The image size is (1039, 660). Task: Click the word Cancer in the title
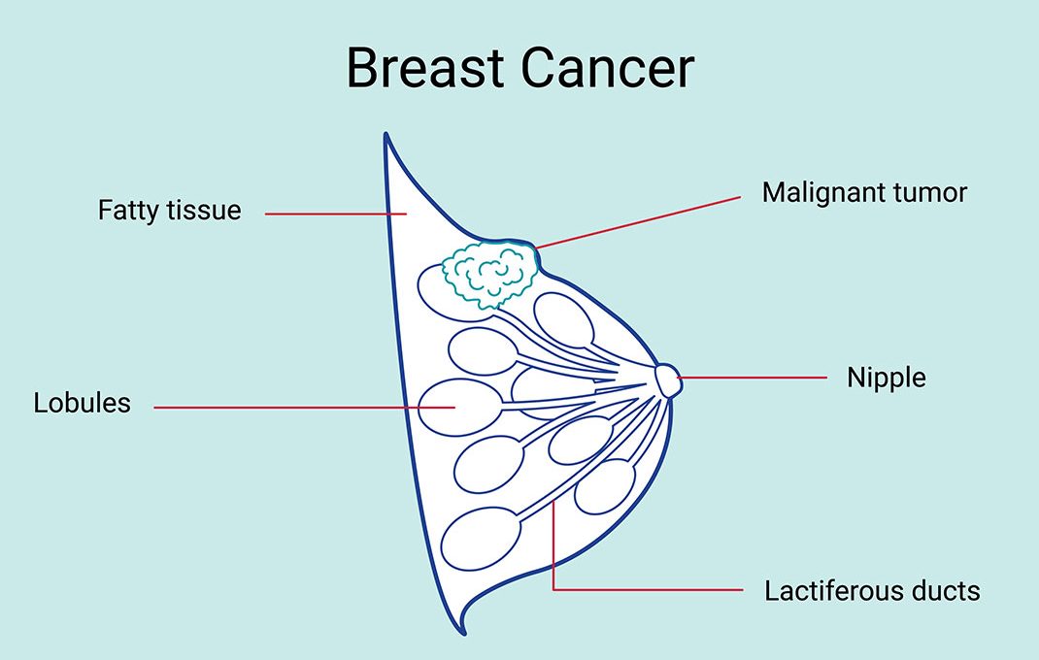point(607,68)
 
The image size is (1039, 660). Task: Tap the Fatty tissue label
point(170,210)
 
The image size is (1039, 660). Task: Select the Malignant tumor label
point(864,192)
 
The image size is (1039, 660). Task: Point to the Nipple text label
point(887,378)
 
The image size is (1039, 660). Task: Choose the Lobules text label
point(83,403)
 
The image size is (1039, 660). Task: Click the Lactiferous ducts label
point(872,590)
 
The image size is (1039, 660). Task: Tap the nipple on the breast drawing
point(668,380)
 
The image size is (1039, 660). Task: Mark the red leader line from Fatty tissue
point(335,214)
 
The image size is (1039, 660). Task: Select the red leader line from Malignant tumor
point(638,222)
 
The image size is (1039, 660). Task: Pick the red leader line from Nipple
point(752,378)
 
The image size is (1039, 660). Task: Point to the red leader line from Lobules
point(305,407)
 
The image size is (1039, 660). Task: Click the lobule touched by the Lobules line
point(460,407)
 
